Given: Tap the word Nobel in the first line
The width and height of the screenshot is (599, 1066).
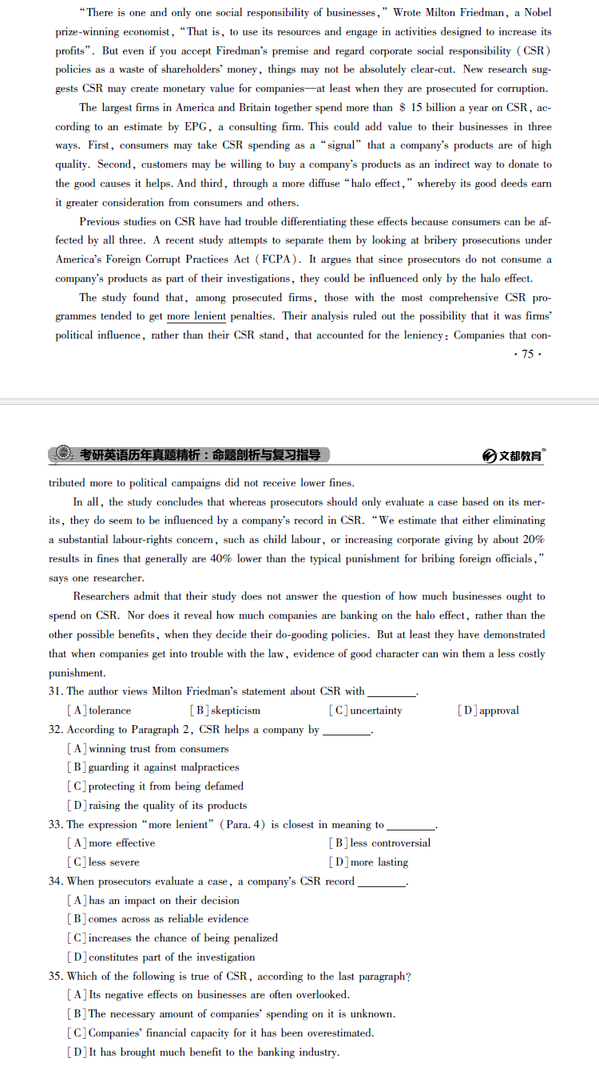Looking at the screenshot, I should click(537, 13).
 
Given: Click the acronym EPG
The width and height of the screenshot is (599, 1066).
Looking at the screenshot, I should click(196, 127).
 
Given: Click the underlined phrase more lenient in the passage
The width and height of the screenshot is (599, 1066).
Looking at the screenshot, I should click(196, 317).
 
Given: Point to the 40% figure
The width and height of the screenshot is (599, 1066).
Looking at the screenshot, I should click(220, 559).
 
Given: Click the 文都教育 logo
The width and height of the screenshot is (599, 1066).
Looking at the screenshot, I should click(515, 455).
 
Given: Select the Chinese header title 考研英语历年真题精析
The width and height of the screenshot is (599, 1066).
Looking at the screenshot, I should click(140, 455).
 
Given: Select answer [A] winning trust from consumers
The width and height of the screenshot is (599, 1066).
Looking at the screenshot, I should click(149, 749).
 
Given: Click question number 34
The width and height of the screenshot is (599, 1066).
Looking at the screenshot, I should click(56, 882).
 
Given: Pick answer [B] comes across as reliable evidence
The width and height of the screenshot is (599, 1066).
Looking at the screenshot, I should click(158, 919).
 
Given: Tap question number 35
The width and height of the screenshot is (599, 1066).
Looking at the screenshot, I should click(56, 977).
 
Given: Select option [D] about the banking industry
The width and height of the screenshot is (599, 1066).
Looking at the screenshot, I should click(204, 1052).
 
